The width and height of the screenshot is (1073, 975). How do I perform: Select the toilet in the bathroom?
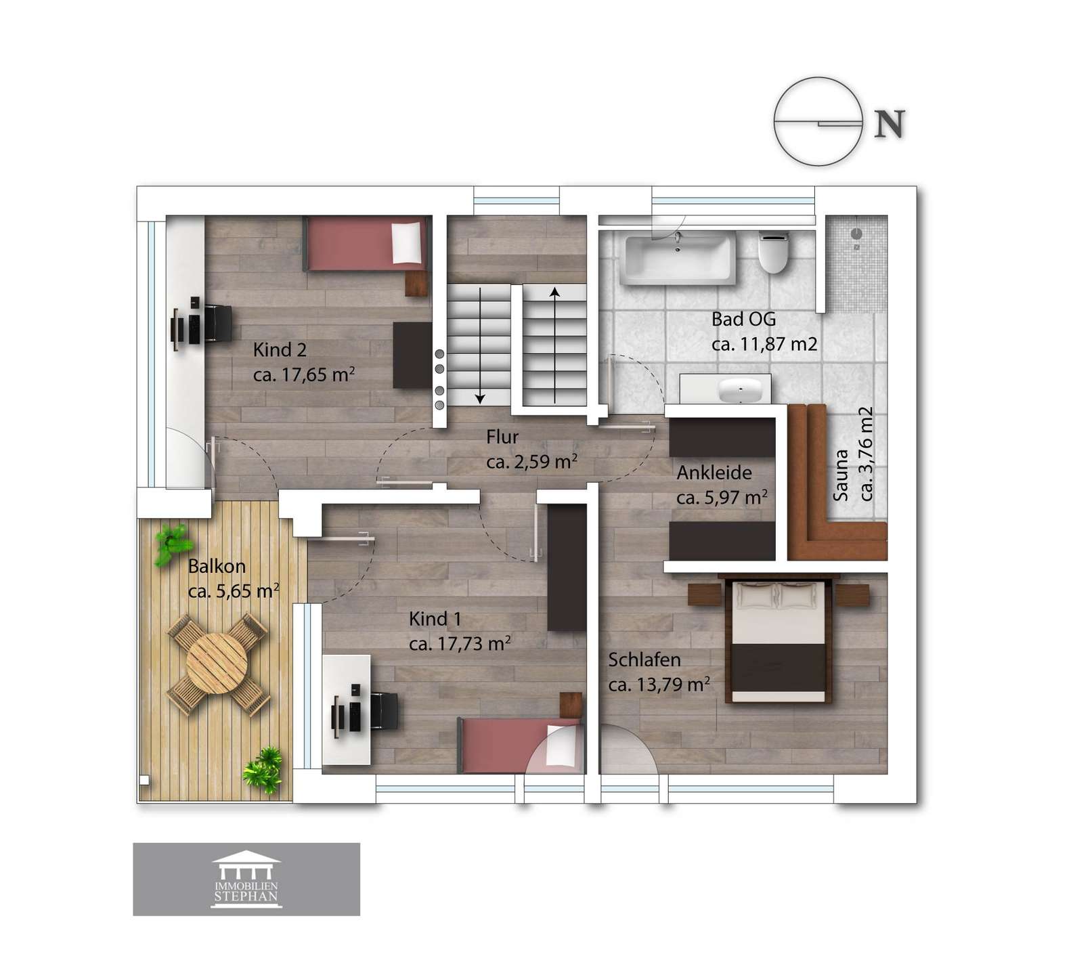[x=774, y=252]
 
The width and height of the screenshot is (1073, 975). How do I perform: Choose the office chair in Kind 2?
[x=218, y=323]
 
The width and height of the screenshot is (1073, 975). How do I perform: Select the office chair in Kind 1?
[x=382, y=712]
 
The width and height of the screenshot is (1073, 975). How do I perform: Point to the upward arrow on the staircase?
[x=555, y=345]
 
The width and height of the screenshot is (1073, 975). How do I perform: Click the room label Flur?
[x=502, y=437]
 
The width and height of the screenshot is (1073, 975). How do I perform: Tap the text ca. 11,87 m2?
[x=764, y=343]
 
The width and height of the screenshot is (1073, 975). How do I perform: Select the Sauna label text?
[x=841, y=475]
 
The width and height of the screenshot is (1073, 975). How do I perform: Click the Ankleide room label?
[x=714, y=473]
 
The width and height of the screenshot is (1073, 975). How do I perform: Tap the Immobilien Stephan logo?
[x=246, y=879]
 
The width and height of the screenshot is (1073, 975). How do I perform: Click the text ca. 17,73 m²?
[x=460, y=643]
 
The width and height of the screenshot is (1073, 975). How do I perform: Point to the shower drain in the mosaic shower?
[x=856, y=234]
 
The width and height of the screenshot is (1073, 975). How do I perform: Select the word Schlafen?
[x=644, y=659]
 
